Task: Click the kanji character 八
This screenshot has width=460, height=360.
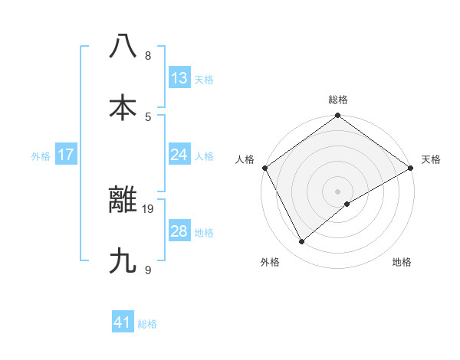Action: pyautogui.click(x=123, y=46)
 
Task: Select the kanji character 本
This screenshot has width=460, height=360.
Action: pyautogui.click(x=123, y=107)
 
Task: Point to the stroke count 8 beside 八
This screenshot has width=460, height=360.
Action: pyautogui.click(x=147, y=55)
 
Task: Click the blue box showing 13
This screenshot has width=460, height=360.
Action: pyautogui.click(x=179, y=77)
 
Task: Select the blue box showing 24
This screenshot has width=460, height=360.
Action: pyautogui.click(x=179, y=155)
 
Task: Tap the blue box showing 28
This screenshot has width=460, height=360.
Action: pyautogui.click(x=179, y=231)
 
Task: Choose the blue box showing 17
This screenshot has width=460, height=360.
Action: pyautogui.click(x=66, y=155)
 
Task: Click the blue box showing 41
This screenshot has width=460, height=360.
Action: pyautogui.click(x=123, y=322)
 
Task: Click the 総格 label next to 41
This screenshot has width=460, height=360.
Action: pyautogui.click(x=147, y=324)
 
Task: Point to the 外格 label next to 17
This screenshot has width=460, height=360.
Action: pyautogui.click(x=41, y=156)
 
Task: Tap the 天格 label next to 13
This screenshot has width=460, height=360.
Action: pyautogui.click(x=204, y=80)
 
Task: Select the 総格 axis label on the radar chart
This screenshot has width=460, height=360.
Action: pyautogui.click(x=338, y=100)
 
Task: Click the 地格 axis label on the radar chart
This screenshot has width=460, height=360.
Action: pyautogui.click(x=402, y=262)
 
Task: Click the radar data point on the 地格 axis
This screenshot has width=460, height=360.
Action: pyautogui.click(x=347, y=204)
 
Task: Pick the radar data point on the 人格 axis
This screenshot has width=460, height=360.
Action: pyautogui.click(x=264, y=168)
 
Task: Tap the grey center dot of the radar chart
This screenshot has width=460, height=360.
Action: pyautogui.click(x=338, y=191)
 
